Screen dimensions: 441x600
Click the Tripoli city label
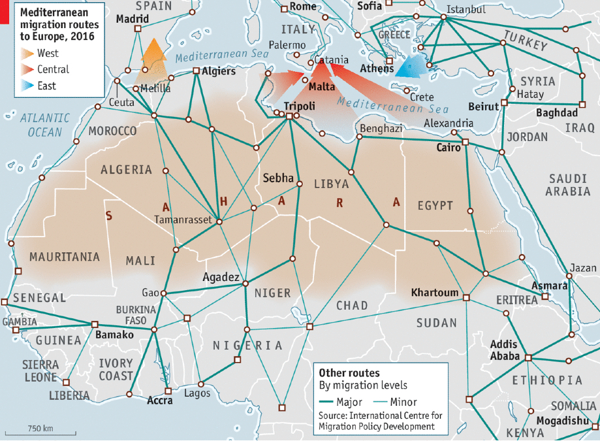coord(300,106)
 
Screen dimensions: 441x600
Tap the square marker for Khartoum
coord(466,298)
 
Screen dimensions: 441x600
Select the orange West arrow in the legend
coord(27,54)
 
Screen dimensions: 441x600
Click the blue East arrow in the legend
coord(27,86)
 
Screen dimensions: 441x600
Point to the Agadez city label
coord(221,277)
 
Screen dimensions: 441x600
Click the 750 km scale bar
coord(39,434)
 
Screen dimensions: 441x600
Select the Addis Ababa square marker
coord(528,357)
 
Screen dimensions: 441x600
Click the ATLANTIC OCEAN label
coord(44,125)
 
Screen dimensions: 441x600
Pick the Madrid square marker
coord(138,29)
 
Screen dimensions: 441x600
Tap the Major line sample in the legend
coord(333,402)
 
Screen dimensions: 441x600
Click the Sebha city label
coord(278,178)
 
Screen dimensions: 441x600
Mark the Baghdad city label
coord(556,113)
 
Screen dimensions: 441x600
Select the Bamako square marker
coord(95,324)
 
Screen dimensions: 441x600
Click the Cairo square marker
coord(466,142)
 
